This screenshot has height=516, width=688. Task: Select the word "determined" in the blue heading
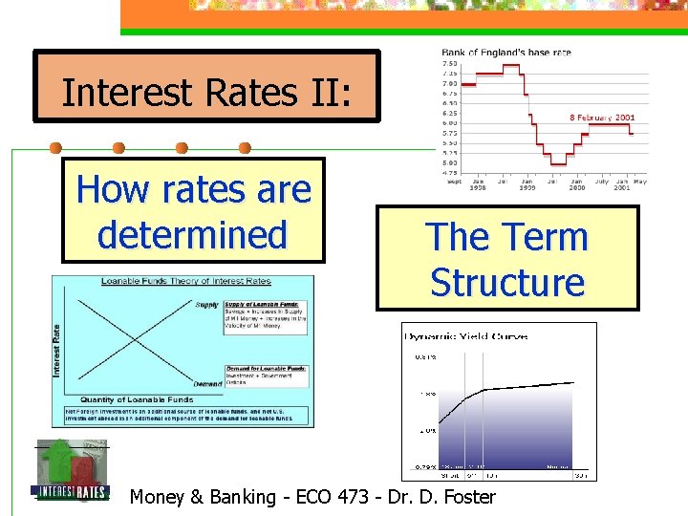(192, 234)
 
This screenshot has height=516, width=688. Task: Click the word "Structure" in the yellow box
(506, 282)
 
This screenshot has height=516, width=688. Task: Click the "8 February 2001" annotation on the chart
(602, 118)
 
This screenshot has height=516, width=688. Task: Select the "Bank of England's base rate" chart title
(505, 53)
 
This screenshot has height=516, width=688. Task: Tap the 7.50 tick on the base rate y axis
(449, 63)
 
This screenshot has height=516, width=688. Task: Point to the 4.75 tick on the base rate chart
(449, 173)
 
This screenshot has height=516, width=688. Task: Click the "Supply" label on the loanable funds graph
(206, 305)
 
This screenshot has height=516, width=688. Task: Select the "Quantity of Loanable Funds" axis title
(137, 399)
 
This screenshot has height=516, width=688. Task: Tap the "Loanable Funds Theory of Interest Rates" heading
(186, 281)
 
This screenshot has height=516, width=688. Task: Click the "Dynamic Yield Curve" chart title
(466, 336)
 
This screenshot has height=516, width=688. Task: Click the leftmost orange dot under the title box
(55, 148)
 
